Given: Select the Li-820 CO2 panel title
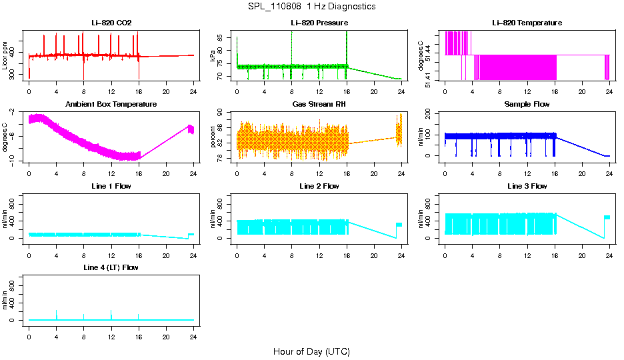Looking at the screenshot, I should (111, 23).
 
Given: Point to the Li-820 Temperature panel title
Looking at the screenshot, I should (527, 23).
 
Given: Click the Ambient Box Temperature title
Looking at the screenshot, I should (111, 105).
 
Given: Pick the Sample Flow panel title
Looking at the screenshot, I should (527, 105).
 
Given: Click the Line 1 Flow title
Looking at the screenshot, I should (111, 186).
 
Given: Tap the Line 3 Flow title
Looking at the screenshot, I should (527, 186).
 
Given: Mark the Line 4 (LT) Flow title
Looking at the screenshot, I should (111, 267).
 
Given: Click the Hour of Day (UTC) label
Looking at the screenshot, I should (311, 351).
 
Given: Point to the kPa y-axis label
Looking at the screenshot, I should (213, 56).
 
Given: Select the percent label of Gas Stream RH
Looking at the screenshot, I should (213, 137).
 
